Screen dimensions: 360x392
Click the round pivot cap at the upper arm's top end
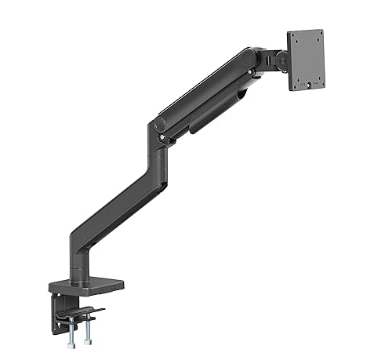pos(249,58)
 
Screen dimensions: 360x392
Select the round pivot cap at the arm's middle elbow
pos(160,125)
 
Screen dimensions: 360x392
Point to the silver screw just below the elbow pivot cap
pos(162,139)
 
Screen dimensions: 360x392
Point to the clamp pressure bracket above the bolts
pos(82,313)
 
